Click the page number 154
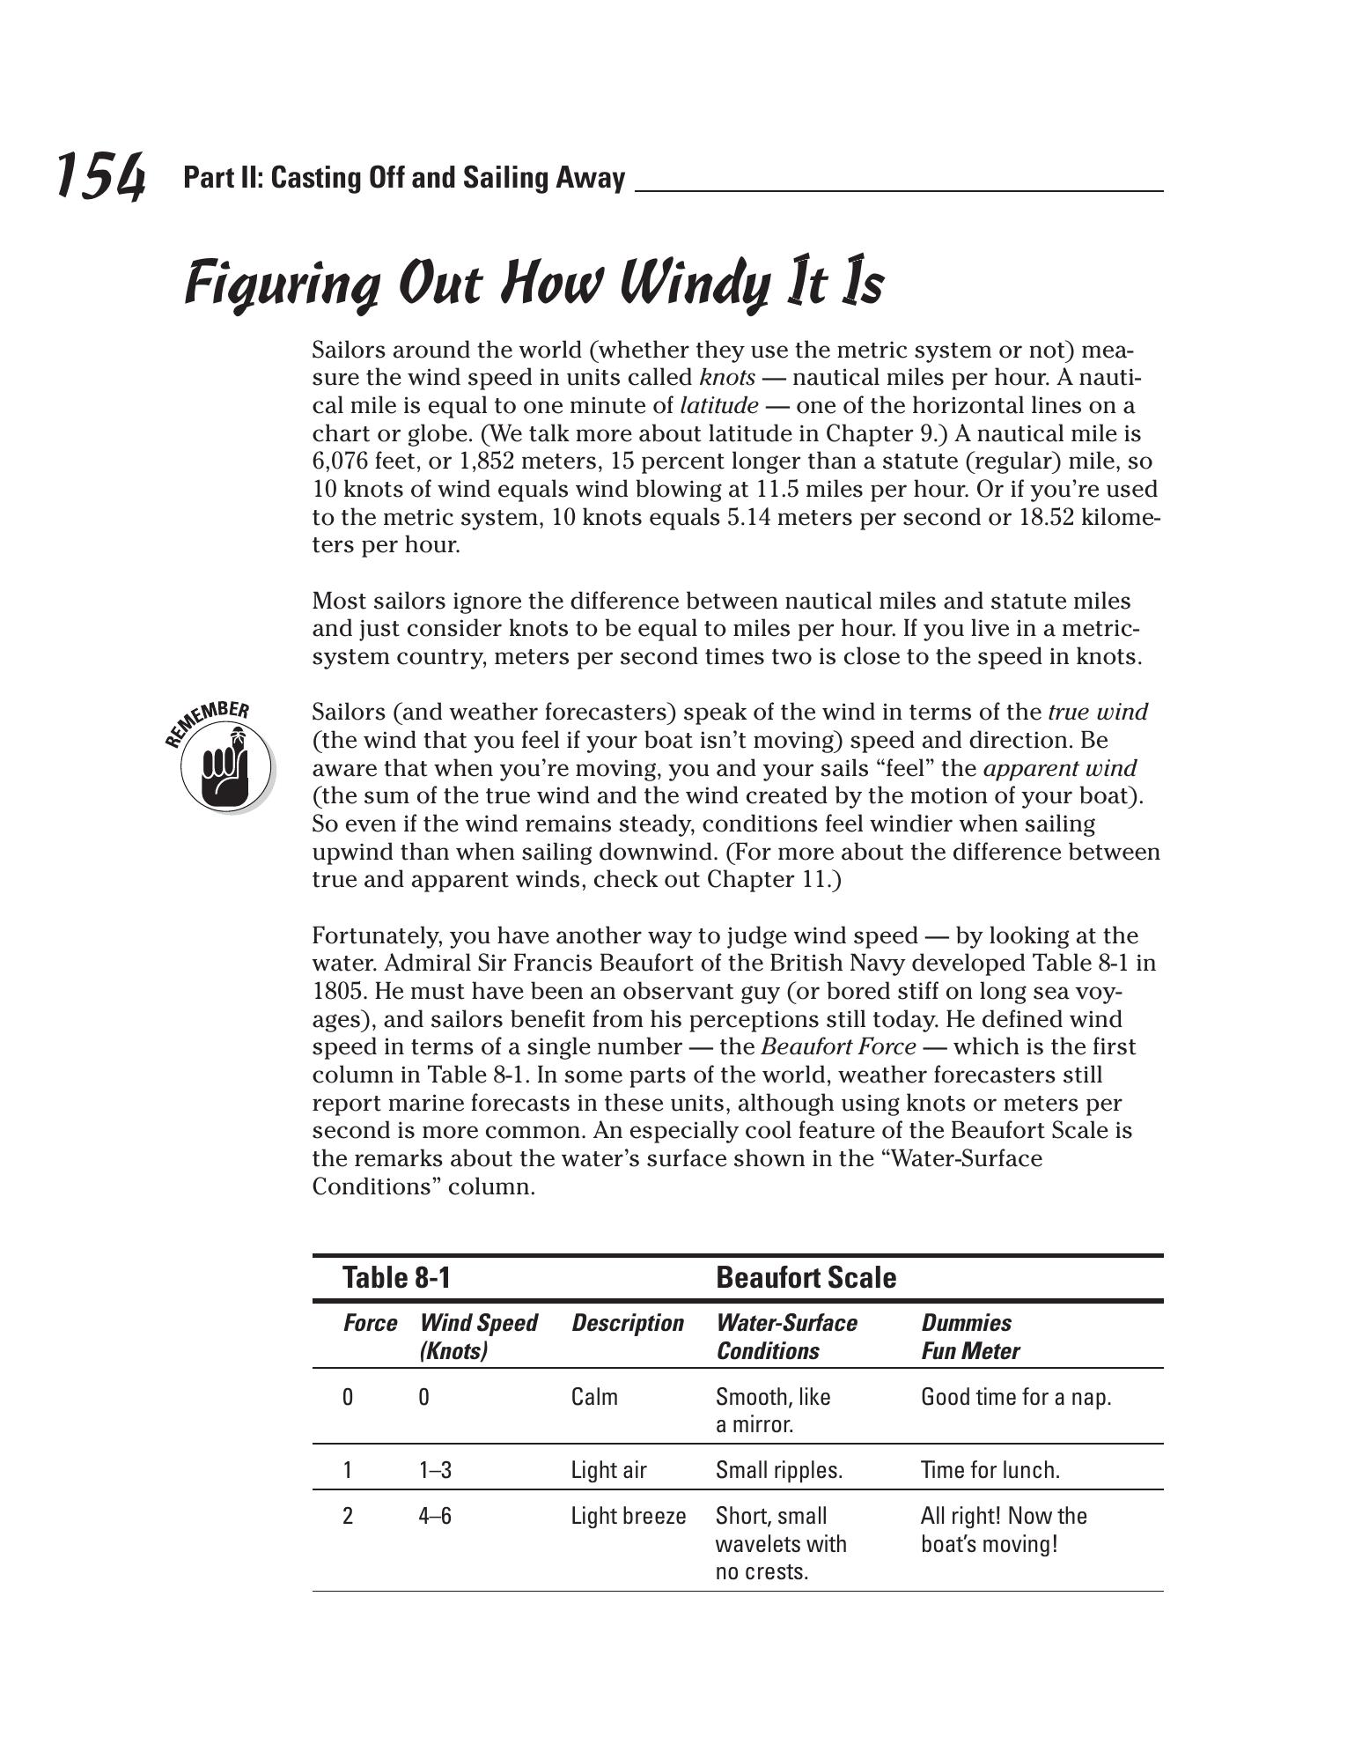coord(100,176)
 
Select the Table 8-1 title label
coord(396,1277)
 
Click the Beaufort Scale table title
coord(806,1277)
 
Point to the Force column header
coord(370,1323)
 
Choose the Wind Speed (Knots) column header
coord(478,1336)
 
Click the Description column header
coord(627,1323)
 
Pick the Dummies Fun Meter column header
coord(970,1336)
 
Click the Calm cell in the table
coord(594,1397)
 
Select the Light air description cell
coord(608,1470)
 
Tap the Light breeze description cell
coord(628,1516)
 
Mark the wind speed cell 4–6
coord(435,1516)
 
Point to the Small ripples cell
coord(779,1470)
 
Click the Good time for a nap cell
coord(1016,1397)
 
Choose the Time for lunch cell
coord(990,1470)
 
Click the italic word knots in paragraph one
coord(726,378)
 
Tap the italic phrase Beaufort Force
coord(838,1047)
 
